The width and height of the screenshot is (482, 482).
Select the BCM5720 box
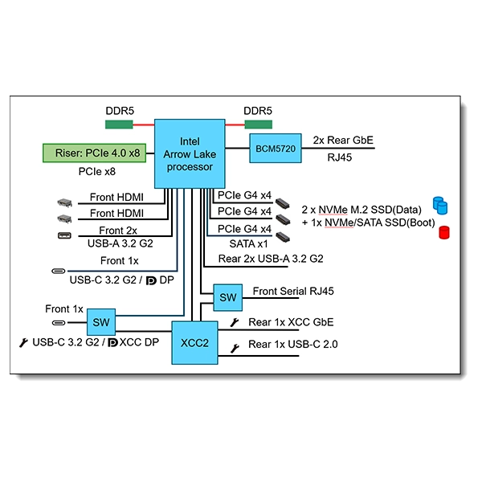tap(276, 148)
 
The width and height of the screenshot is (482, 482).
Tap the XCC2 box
tap(195, 341)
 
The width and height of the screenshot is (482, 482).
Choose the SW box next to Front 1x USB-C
tap(100, 322)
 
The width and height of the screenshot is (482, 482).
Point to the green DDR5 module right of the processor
tap(259, 125)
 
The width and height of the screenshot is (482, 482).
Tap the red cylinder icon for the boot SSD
tap(443, 232)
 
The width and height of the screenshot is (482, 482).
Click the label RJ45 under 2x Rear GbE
tap(341, 158)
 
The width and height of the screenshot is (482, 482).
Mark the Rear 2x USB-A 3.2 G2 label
tap(271, 259)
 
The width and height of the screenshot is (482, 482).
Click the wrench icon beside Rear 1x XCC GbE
tap(235, 323)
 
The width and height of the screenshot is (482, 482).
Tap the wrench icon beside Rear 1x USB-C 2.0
tap(235, 348)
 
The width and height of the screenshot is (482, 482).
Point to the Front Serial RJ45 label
tap(293, 292)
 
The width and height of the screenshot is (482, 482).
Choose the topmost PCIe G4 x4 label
tap(244, 194)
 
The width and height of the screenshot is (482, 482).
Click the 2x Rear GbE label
tap(343, 139)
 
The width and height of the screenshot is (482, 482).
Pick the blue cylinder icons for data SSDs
tap(439, 205)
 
